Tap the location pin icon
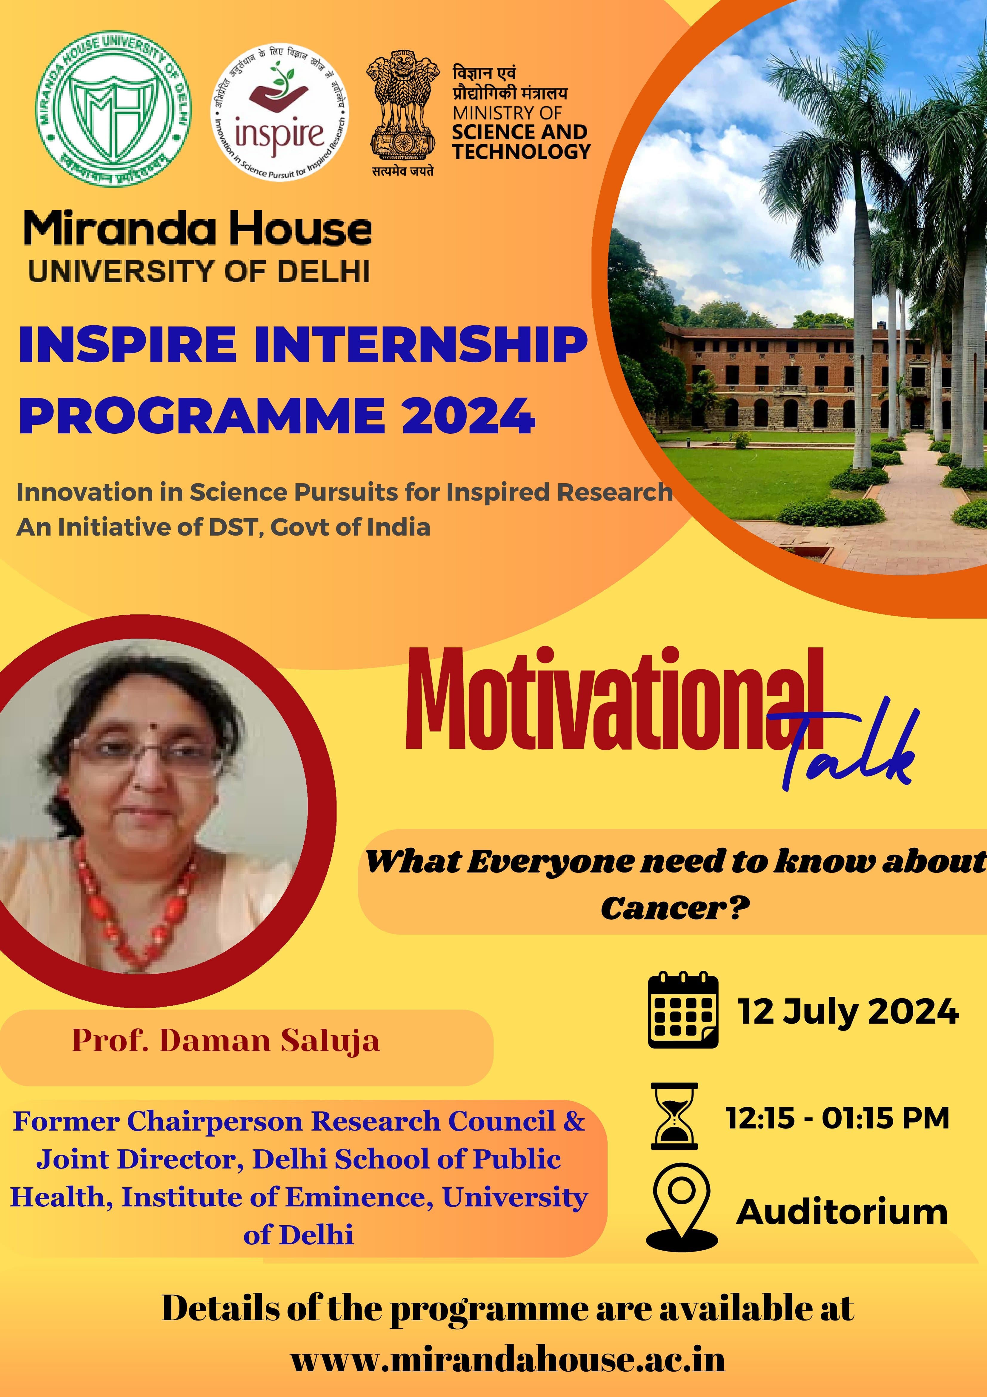click(681, 1211)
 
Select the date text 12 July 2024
click(848, 1012)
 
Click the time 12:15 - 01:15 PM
click(837, 1118)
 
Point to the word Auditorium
click(842, 1213)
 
